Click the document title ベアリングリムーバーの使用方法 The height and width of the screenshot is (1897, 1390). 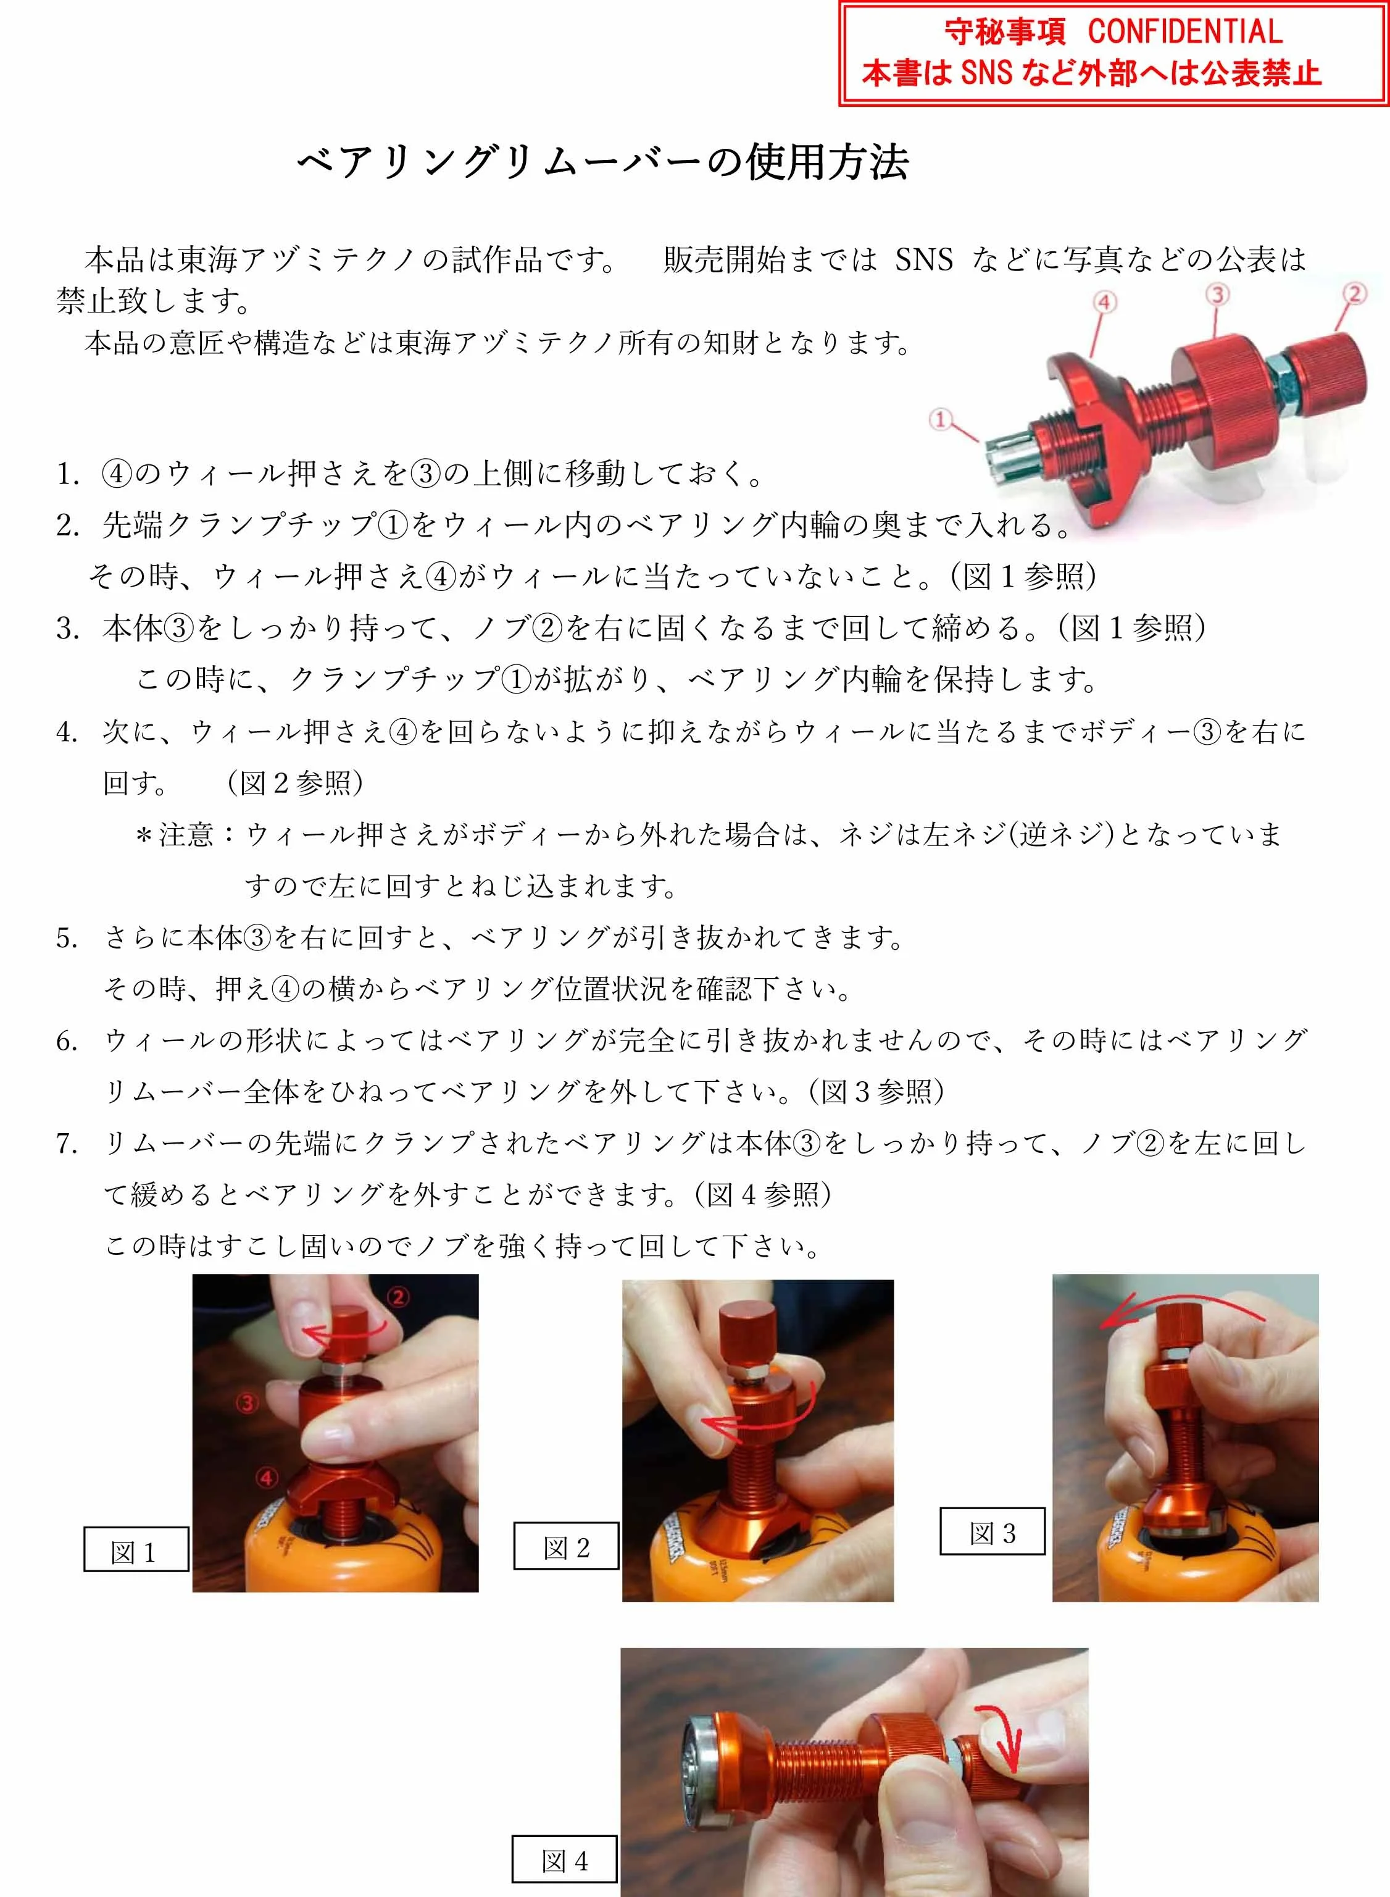tap(603, 162)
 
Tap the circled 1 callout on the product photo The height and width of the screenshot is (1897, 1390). tap(941, 418)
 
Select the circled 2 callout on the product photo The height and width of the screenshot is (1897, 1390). tap(1354, 294)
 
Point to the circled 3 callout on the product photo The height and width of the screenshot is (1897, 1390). tap(1218, 294)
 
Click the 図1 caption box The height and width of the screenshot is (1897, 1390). tap(135, 1549)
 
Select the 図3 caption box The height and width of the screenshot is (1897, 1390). tap(992, 1531)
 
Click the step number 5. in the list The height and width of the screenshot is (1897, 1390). tap(67, 937)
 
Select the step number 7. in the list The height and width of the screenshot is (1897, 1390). tap(67, 1144)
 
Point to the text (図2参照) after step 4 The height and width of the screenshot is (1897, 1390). tap(295, 784)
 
